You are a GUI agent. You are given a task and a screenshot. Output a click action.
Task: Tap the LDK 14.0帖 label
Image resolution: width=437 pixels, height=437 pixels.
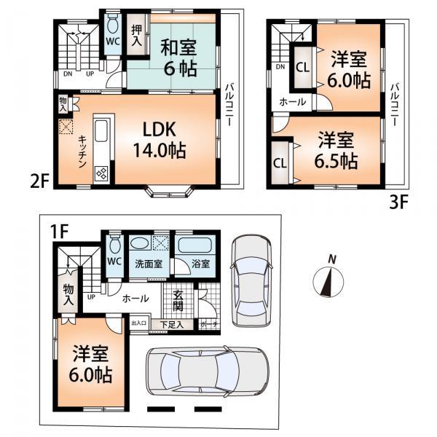coord(158,141)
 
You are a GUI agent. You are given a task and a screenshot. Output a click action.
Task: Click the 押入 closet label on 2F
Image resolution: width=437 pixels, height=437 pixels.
coord(136,36)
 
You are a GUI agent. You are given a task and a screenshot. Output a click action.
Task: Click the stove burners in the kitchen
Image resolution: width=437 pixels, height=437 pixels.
coord(101,174)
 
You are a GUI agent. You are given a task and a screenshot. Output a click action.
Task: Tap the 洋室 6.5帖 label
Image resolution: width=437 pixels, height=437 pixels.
coord(336,149)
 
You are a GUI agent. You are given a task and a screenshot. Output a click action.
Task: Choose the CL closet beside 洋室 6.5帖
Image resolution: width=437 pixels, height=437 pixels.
coord(280,162)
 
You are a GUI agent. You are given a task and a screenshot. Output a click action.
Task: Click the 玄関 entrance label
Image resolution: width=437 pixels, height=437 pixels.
coord(179,300)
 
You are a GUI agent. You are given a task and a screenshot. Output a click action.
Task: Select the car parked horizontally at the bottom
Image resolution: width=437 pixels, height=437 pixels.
coord(207,371)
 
